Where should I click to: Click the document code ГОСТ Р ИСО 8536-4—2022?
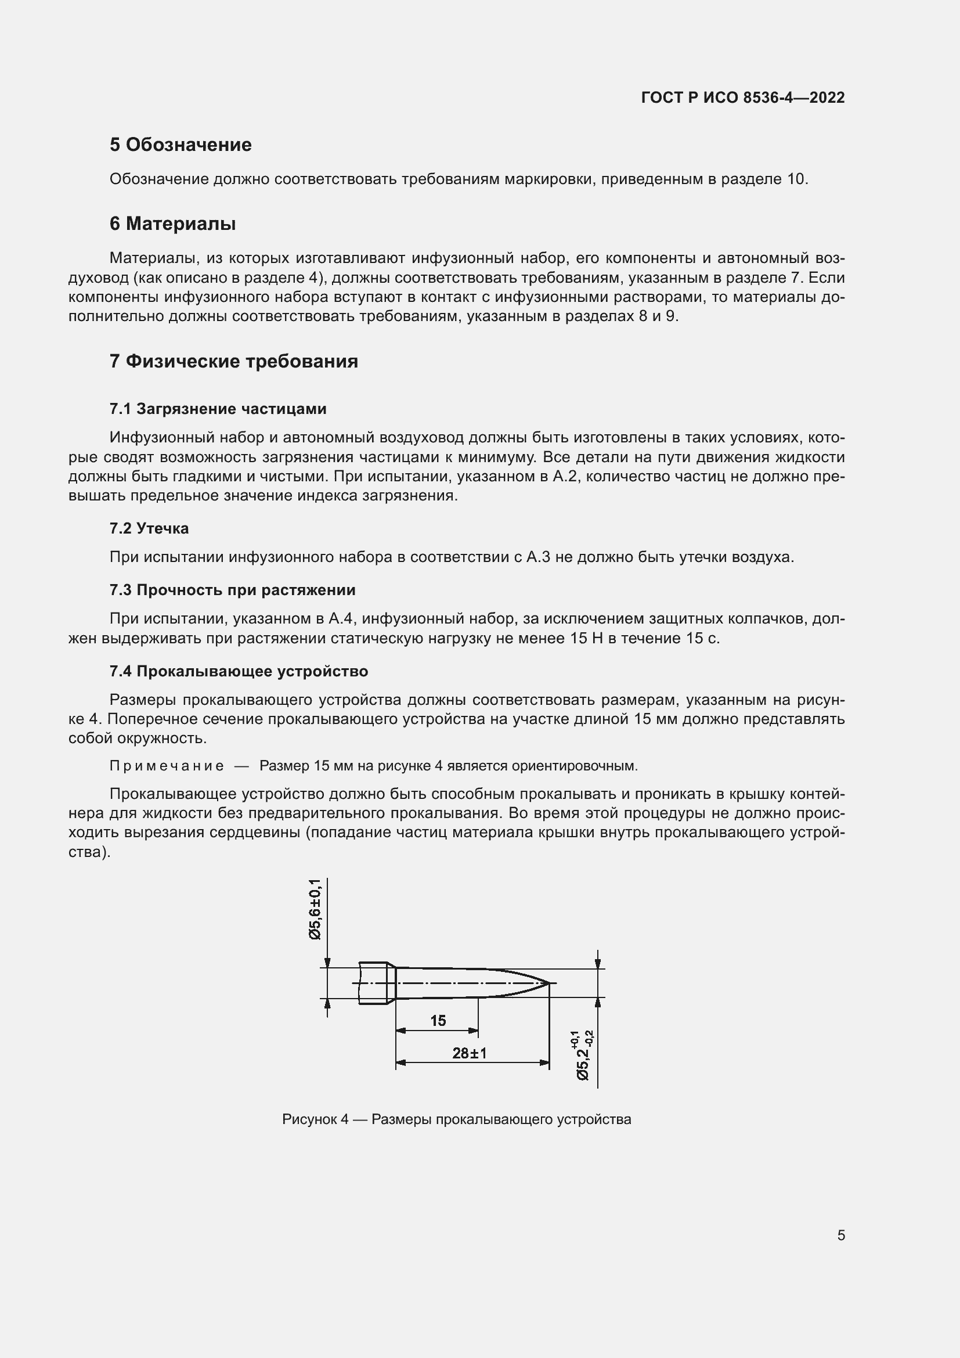742,98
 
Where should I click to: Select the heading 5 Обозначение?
181,145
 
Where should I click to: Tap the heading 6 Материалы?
172,224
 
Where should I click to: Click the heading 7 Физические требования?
233,361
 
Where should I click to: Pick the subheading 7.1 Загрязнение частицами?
218,409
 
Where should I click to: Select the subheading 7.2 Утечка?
149,528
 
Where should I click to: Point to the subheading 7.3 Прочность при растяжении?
232,590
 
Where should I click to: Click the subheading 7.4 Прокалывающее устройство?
238,671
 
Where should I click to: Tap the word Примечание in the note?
167,766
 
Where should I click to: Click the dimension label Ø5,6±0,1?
315,909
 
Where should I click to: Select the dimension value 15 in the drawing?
438,1020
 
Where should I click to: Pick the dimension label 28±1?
470,1053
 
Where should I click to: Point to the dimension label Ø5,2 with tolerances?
583,1055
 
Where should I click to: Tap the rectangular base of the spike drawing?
373,983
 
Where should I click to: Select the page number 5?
840,1235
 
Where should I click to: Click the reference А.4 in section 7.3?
341,619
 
